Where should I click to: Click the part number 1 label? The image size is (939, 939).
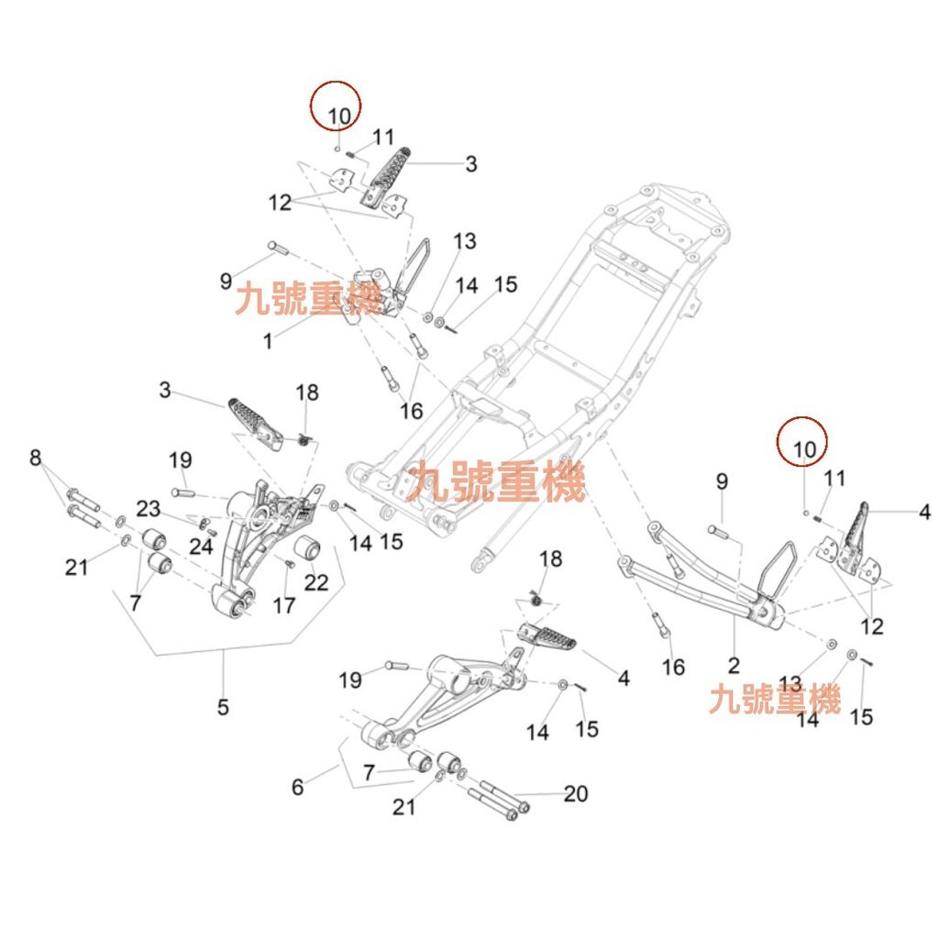268,341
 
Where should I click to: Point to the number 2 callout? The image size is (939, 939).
734,665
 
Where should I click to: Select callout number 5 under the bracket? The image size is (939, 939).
223,707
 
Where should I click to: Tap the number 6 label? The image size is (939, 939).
297,786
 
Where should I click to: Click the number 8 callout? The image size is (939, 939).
36,457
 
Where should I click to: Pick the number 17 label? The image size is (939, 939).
284,605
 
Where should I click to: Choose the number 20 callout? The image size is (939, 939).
576,793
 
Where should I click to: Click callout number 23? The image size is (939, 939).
149,509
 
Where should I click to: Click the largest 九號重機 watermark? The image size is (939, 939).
499,481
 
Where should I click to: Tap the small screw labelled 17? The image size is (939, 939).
287,563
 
